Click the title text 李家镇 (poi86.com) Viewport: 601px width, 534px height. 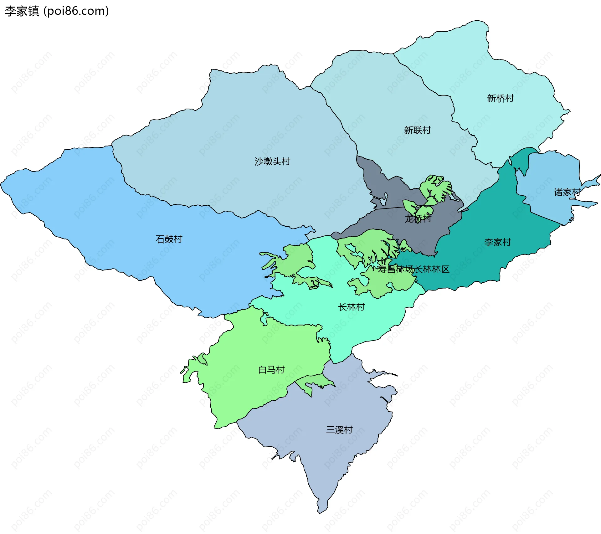point(57,11)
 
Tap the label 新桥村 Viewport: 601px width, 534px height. point(500,99)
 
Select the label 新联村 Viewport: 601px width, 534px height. point(417,130)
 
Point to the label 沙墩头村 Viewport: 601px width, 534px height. point(272,162)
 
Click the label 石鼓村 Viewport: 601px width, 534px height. point(169,239)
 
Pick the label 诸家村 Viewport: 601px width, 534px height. point(567,192)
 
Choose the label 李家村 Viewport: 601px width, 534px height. point(497,242)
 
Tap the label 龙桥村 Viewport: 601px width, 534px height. point(418,219)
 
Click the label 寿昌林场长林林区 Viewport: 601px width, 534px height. point(413,269)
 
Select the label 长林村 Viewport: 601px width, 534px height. point(351,307)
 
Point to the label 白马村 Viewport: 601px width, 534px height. point(271,370)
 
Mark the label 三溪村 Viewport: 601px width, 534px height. point(339,430)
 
